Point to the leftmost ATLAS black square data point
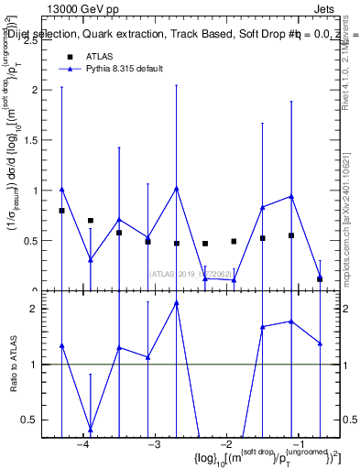point(61,211)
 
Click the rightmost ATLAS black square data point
point(320,278)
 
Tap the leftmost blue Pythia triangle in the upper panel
point(61,190)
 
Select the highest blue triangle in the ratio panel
point(176,303)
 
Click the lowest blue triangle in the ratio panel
point(90,429)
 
